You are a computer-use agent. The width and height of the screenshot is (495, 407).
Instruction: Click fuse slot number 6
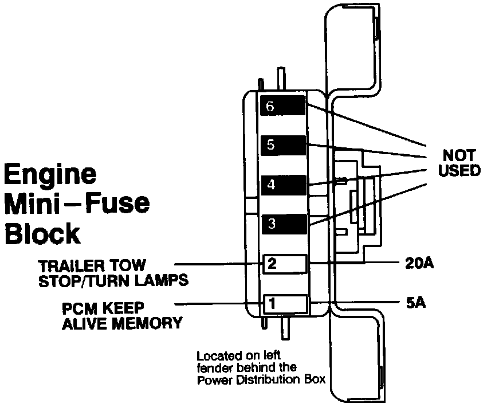point(283,106)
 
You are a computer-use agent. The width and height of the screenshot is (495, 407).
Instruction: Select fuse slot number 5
point(283,145)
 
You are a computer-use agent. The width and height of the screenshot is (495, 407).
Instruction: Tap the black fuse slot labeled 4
point(283,185)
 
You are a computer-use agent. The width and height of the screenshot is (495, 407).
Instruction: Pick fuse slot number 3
point(283,224)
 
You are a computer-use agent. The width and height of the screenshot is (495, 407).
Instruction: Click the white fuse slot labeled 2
point(285,264)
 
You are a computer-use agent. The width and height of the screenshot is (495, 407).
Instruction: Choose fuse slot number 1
point(285,303)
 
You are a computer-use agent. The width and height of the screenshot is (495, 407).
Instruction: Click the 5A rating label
point(415,302)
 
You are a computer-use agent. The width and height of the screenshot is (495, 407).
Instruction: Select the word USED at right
point(458,171)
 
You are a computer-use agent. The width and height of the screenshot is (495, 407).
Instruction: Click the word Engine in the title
point(50,174)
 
